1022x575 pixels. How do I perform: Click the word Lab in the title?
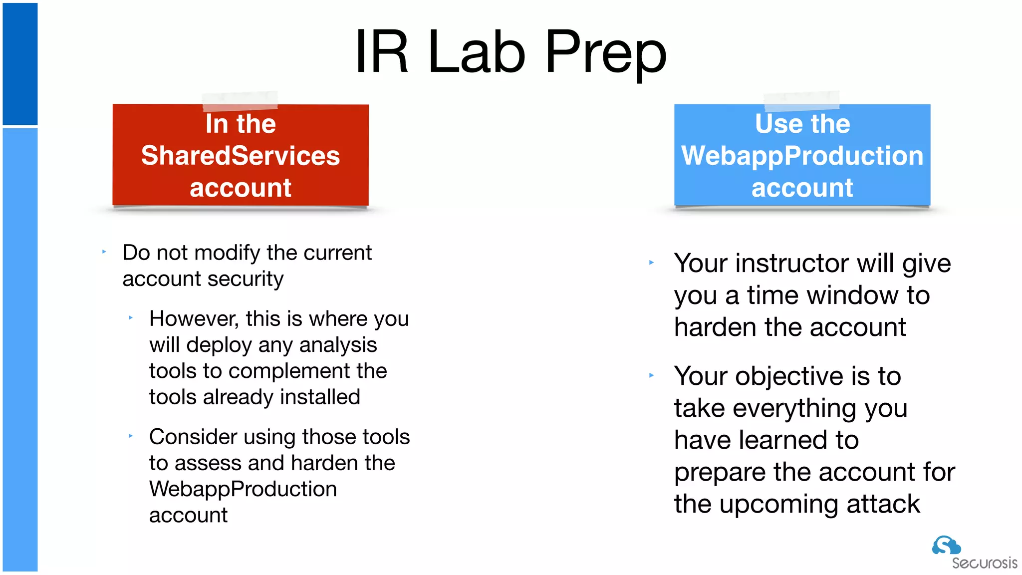(x=477, y=52)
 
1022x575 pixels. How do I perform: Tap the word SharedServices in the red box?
(x=241, y=156)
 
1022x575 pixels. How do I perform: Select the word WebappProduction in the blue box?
(x=802, y=156)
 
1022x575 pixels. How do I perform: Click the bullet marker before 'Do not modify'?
(x=104, y=252)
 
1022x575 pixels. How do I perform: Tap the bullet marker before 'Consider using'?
(x=131, y=436)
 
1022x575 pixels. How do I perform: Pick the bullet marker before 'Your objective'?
(x=651, y=375)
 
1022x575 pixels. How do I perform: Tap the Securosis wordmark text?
(x=984, y=564)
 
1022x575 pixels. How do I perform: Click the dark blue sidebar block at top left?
(x=20, y=64)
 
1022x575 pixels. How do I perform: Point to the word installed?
(x=320, y=397)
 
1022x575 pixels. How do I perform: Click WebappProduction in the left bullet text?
(x=243, y=489)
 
